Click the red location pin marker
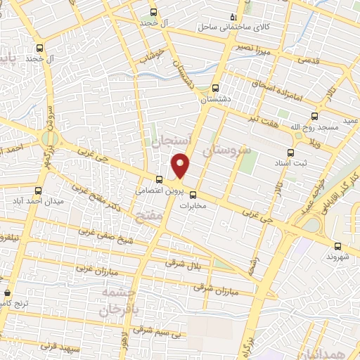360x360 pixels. pyautogui.click(x=181, y=166)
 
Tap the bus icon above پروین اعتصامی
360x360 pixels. pyautogui.click(x=159, y=179)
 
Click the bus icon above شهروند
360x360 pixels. pyautogui.click(x=338, y=246)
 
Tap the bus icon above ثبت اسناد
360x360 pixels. pyautogui.click(x=289, y=152)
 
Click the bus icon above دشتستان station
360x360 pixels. pyautogui.click(x=214, y=89)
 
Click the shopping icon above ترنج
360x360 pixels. pyautogui.click(x=7, y=292)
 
